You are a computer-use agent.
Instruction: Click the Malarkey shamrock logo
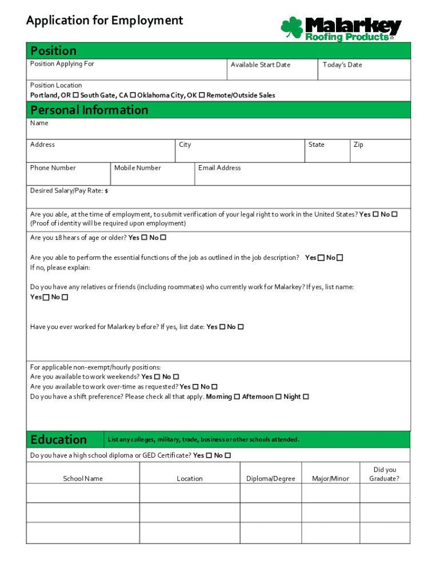click(292, 28)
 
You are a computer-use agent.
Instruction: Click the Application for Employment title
click(105, 21)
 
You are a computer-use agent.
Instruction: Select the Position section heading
click(53, 50)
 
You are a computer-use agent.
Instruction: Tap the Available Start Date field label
click(260, 65)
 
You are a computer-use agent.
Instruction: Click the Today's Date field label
click(342, 65)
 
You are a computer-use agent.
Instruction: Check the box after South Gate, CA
click(133, 95)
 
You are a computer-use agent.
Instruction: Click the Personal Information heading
click(89, 110)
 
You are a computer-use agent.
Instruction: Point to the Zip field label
click(358, 145)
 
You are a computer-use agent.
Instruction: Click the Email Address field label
click(219, 168)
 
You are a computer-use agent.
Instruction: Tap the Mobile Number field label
click(137, 168)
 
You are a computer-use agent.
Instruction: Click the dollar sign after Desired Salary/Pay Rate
click(106, 191)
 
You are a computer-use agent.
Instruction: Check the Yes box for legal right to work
click(375, 214)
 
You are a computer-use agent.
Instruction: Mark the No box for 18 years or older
click(163, 238)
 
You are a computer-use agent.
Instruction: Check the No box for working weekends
click(176, 377)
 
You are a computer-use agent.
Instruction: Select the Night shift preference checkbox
click(306, 396)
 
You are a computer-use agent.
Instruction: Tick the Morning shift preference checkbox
click(237, 396)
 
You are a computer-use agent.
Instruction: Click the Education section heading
click(58, 439)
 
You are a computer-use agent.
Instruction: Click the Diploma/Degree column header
click(270, 479)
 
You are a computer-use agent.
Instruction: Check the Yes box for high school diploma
click(209, 455)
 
